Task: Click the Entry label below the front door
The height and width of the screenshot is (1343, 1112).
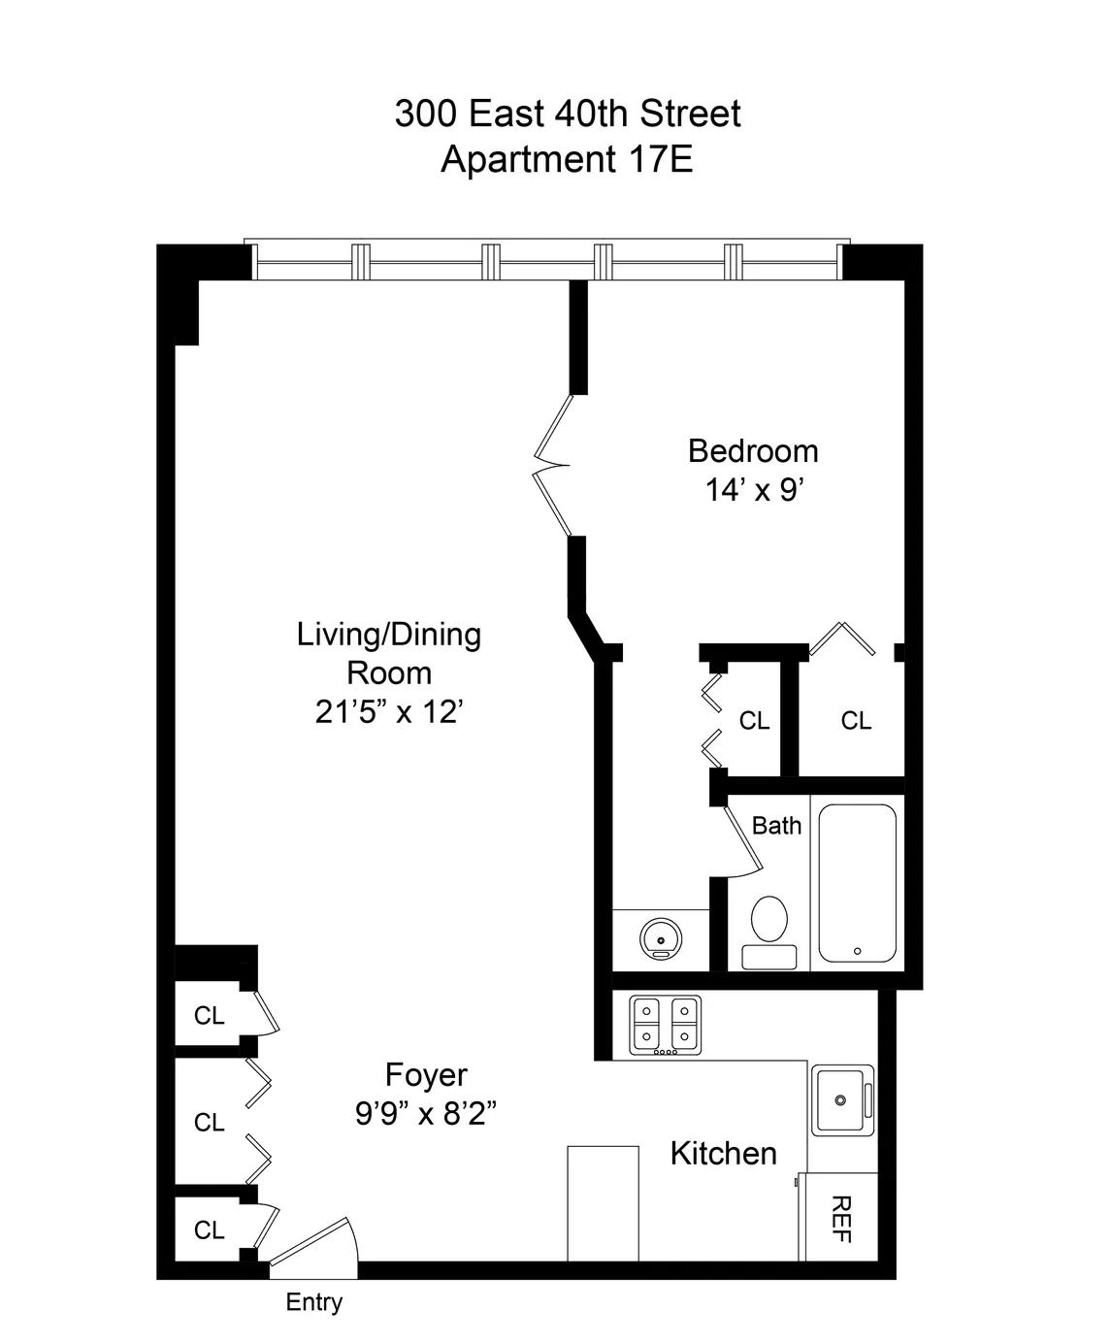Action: tap(313, 1301)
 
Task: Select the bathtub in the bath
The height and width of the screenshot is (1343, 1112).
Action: tap(857, 882)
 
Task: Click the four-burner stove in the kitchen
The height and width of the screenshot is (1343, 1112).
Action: tap(665, 1025)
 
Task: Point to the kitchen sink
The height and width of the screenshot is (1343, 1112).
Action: tap(842, 1099)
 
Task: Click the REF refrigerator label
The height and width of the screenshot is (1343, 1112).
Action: tap(841, 1219)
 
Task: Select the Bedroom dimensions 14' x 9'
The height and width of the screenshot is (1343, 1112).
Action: tap(753, 490)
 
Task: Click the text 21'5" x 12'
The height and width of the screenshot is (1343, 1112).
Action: tap(389, 711)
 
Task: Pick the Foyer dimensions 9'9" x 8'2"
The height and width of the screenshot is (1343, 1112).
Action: tap(426, 1113)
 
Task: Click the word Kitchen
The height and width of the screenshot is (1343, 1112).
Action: tap(723, 1153)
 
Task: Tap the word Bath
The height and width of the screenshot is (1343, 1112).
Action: tap(776, 825)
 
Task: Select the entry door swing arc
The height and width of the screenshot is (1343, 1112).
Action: tap(315, 1243)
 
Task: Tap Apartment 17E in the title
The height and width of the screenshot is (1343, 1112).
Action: tap(567, 158)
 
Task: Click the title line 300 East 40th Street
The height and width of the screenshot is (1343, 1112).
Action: tap(567, 114)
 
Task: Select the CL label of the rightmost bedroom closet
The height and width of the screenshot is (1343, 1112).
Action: tap(856, 720)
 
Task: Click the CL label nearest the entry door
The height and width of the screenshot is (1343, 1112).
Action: tap(209, 1229)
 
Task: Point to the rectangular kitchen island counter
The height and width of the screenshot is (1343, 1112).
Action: tap(603, 1203)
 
